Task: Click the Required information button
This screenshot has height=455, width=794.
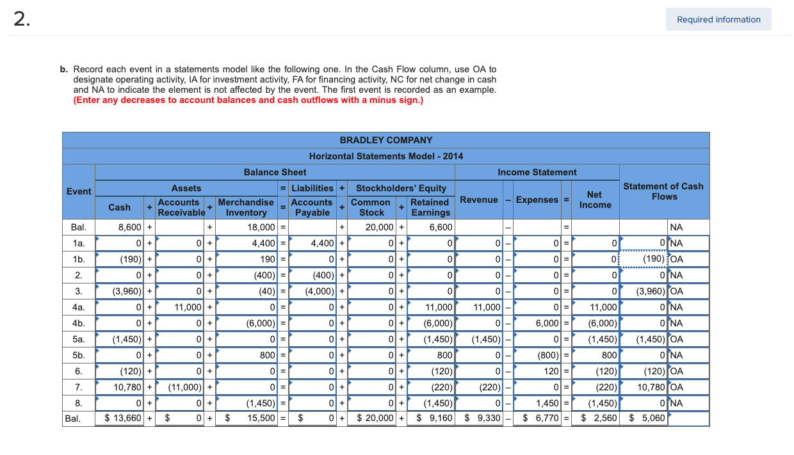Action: (718, 19)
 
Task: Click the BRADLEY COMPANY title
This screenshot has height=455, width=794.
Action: (385, 140)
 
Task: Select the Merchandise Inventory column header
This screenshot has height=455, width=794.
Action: (246, 207)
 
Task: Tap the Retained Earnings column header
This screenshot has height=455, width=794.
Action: (429, 207)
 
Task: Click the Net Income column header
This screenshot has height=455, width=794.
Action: (595, 200)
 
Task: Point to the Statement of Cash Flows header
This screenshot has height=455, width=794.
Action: (664, 191)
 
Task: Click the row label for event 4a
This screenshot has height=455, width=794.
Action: (78, 307)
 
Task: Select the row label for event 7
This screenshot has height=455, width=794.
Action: (78, 387)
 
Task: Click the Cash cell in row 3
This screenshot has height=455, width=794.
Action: (120, 291)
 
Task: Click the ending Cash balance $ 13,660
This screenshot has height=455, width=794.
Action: (120, 419)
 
